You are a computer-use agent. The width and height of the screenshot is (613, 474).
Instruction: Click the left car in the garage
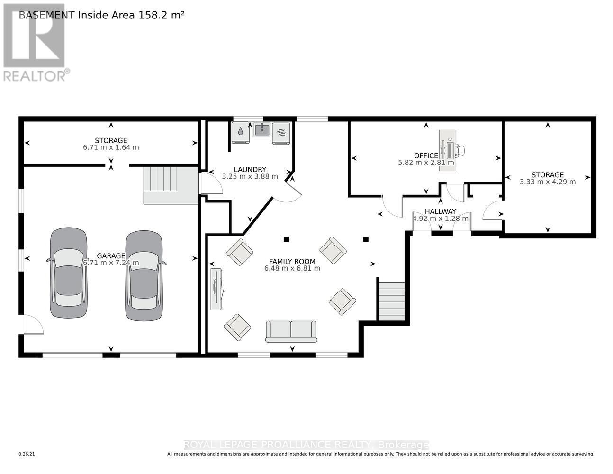tap(69, 273)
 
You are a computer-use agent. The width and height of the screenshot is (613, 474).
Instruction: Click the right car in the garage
tap(144, 275)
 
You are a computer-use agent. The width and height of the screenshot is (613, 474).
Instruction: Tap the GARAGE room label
tap(111, 255)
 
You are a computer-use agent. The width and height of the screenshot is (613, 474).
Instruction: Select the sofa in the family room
tap(291, 331)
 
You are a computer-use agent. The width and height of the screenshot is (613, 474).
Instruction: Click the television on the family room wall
tap(217, 289)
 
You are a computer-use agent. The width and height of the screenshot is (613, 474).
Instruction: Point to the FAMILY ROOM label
tap(292, 261)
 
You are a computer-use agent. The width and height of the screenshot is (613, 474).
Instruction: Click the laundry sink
tap(262, 129)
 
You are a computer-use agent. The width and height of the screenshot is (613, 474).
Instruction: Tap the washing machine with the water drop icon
tap(241, 133)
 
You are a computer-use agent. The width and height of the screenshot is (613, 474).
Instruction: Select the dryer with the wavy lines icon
tap(281, 133)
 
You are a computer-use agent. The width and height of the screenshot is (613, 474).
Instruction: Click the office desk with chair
tap(450, 150)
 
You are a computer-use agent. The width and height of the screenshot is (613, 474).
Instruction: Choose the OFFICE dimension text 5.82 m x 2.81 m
tap(426, 163)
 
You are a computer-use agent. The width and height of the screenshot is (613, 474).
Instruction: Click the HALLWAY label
tap(440, 211)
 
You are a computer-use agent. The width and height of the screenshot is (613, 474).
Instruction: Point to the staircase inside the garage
tap(161, 179)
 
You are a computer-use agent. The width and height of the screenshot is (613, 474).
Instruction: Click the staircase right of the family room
tap(392, 301)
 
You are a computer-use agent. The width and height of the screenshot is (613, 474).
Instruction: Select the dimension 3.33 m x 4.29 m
tap(547, 182)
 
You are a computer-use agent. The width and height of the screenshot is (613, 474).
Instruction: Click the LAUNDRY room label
tap(250, 169)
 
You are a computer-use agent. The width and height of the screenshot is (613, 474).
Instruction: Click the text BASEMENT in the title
tap(46, 15)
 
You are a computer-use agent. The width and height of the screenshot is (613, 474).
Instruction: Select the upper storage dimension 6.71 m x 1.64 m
tap(111, 147)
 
